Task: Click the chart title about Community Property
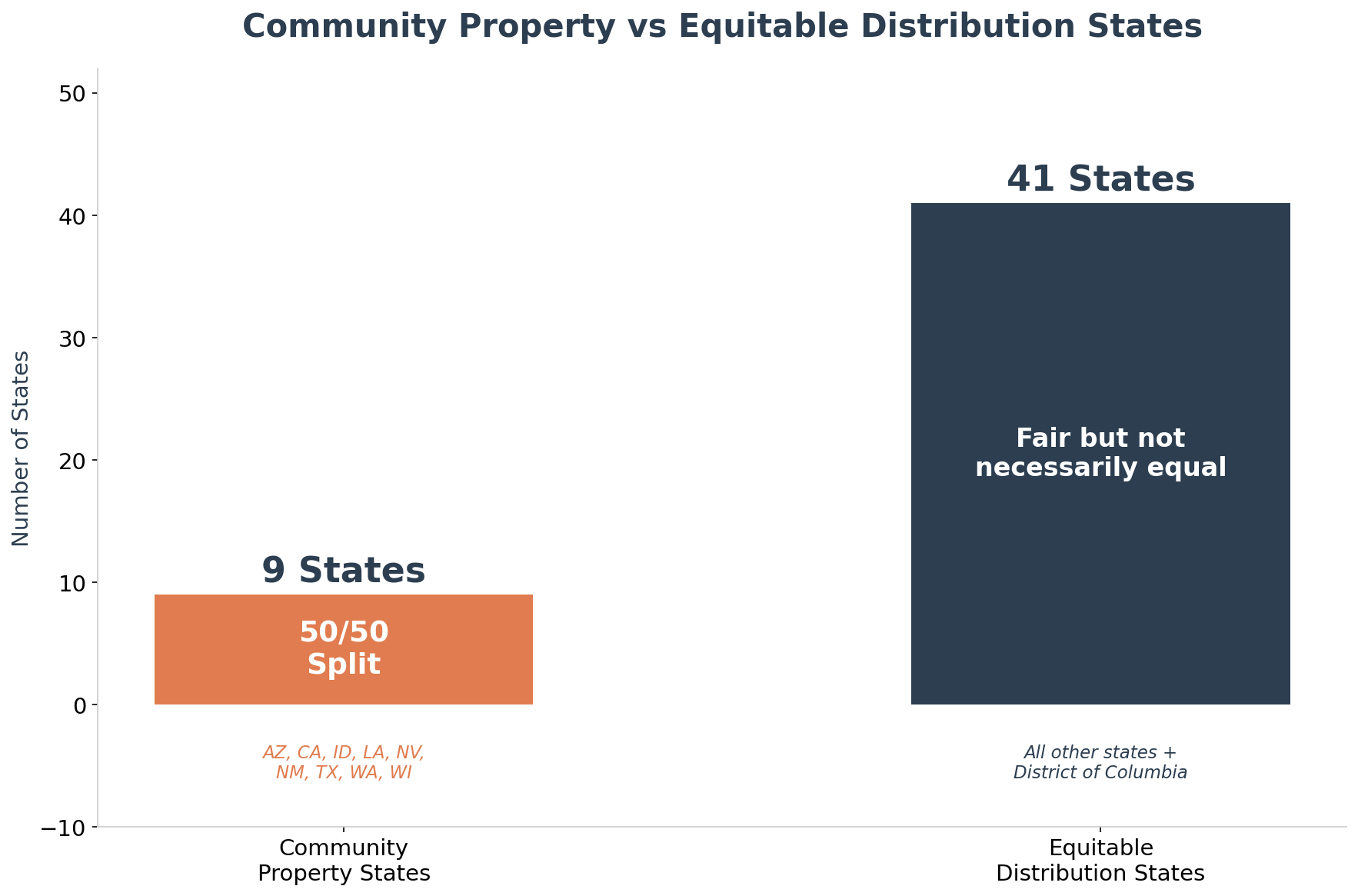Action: pyautogui.click(x=721, y=27)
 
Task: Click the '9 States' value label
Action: pyautogui.click(x=343, y=571)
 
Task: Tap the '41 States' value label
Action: pyautogui.click(x=1100, y=179)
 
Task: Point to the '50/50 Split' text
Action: pyautogui.click(x=343, y=648)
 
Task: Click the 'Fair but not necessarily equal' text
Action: pyautogui.click(x=1100, y=453)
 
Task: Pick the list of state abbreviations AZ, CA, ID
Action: pyautogui.click(x=343, y=762)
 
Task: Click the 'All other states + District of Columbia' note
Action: pyautogui.click(x=1100, y=762)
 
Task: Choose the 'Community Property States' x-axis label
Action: pyautogui.click(x=343, y=861)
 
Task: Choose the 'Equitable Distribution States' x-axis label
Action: pyautogui.click(x=1100, y=861)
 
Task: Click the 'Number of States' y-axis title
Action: pyautogui.click(x=22, y=448)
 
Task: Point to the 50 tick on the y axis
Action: pyautogui.click(x=74, y=94)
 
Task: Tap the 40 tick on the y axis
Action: pyautogui.click(x=74, y=216)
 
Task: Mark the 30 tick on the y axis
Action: pyautogui.click(x=74, y=338)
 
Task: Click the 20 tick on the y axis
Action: pyautogui.click(x=74, y=461)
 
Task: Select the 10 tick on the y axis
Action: pyautogui.click(x=74, y=583)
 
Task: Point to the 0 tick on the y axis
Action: pyautogui.click(x=80, y=705)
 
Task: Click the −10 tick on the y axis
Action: pyautogui.click(x=67, y=828)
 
